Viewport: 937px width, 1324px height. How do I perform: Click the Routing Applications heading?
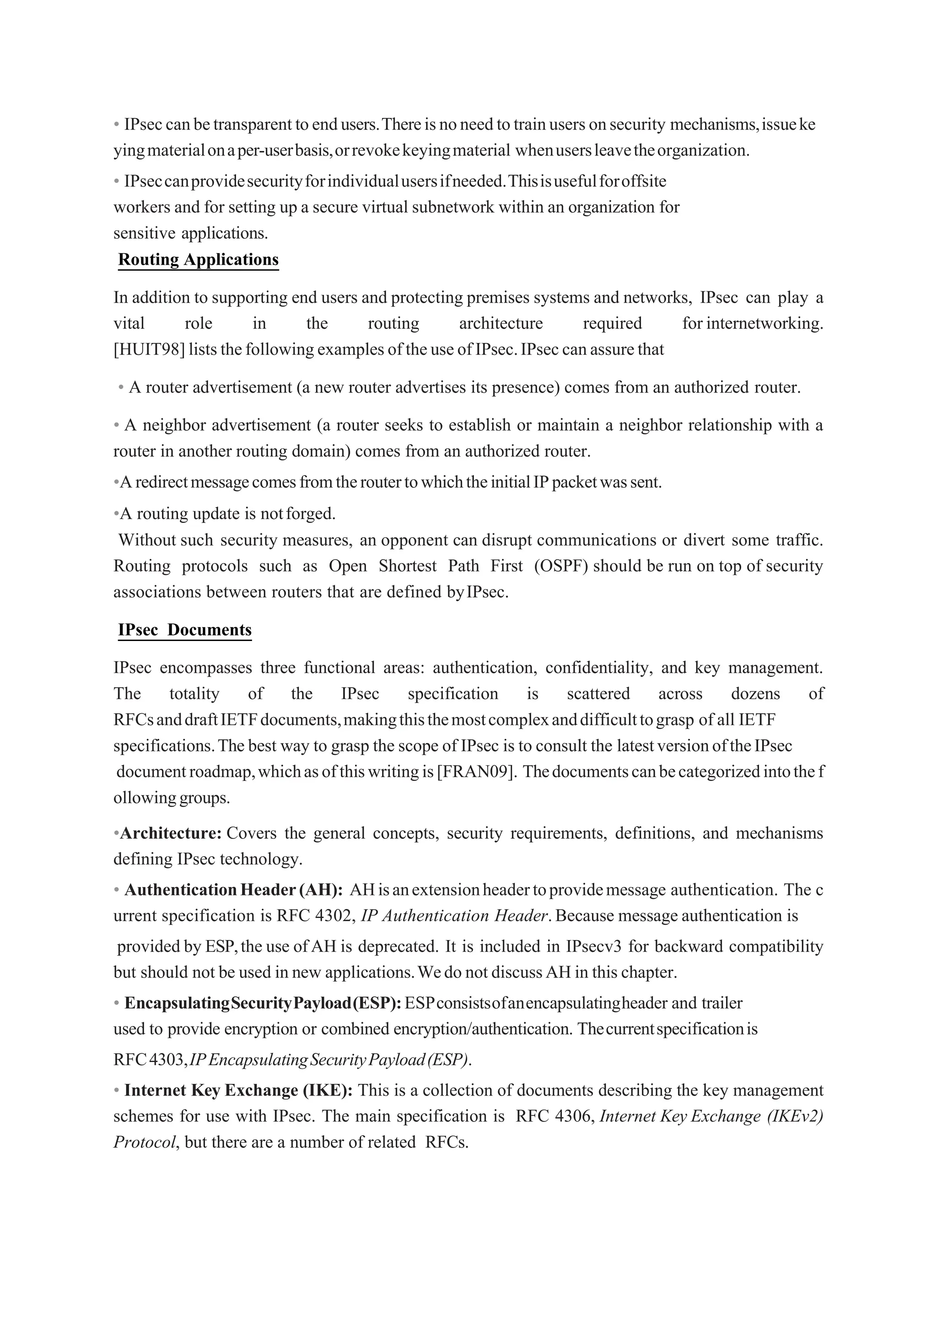(198, 260)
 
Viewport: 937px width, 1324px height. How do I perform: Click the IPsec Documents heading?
(185, 630)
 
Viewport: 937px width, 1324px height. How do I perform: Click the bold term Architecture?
(171, 833)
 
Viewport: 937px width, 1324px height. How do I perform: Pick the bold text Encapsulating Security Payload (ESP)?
(263, 1004)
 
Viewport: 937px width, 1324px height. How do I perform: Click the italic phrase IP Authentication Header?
(453, 916)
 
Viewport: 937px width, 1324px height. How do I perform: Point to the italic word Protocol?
(144, 1142)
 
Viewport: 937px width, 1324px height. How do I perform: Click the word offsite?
(644, 182)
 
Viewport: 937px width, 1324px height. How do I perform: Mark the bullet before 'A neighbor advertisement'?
(117, 425)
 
